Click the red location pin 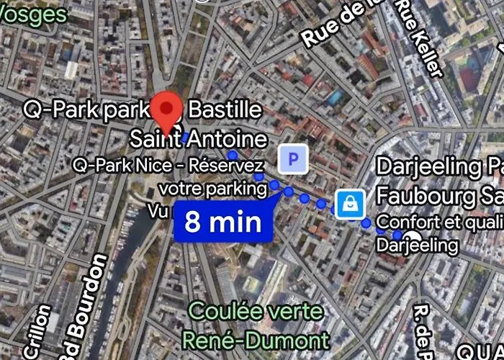coord(168,111)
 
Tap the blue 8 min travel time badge coord(222,221)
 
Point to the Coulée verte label coord(255,312)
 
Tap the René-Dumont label coord(256,339)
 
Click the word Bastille coord(225,110)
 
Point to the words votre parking coord(213,188)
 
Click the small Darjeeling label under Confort coord(418,245)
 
